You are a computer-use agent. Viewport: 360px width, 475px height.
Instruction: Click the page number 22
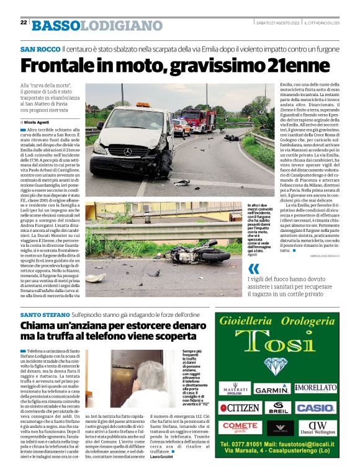pos(24,22)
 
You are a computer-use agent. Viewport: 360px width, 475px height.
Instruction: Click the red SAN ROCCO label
pos(40,48)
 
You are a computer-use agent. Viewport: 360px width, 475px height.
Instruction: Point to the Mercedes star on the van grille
pos(128,151)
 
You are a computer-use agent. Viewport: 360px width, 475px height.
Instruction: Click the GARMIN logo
pos(272,390)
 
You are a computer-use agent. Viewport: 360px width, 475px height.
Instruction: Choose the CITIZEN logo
pos(240,408)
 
